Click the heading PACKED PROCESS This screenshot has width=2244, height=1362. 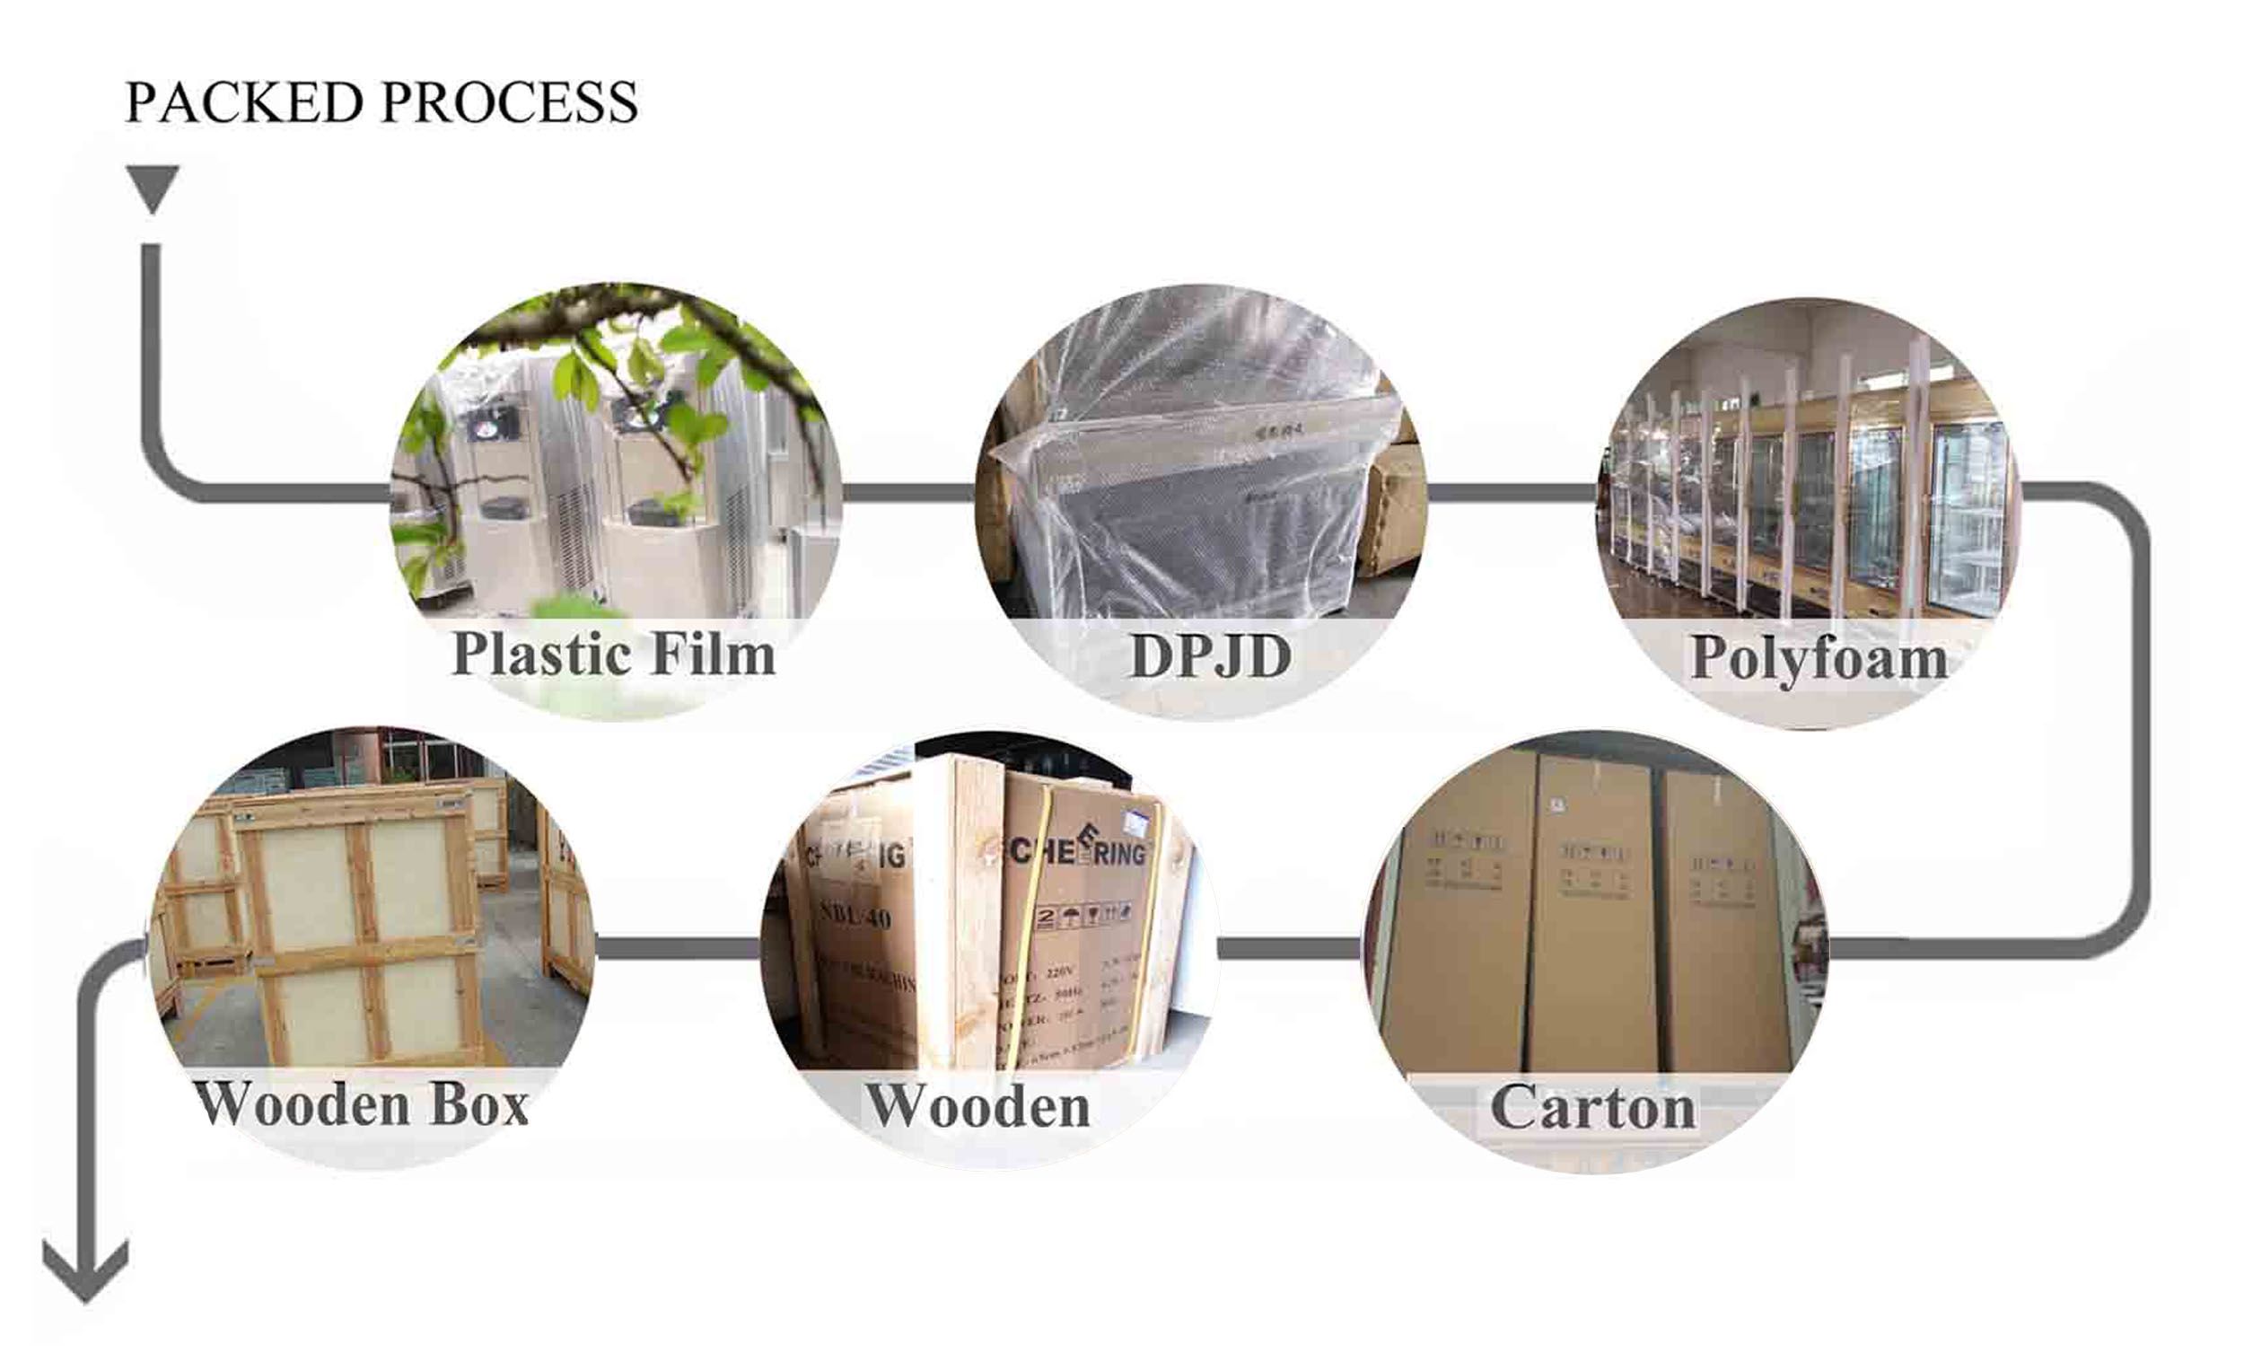tap(381, 102)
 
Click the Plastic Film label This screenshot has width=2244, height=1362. tap(613, 655)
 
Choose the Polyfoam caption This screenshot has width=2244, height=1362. tap(1818, 658)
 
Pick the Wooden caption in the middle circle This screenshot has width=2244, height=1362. tap(977, 1107)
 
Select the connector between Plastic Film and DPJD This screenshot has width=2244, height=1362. tap(908, 493)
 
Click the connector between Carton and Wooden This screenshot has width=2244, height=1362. tap(1289, 948)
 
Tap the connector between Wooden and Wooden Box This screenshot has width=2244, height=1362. tap(678, 948)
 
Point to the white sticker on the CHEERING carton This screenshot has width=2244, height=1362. tap(1137, 824)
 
